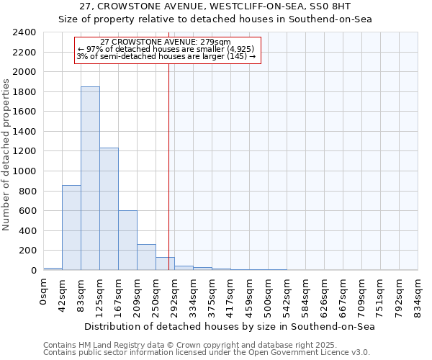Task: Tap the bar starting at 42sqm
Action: (71, 228)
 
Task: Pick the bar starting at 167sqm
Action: (127, 240)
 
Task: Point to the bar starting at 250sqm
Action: (165, 264)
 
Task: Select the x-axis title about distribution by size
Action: (230, 326)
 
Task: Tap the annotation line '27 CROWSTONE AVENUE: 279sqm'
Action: (166, 42)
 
